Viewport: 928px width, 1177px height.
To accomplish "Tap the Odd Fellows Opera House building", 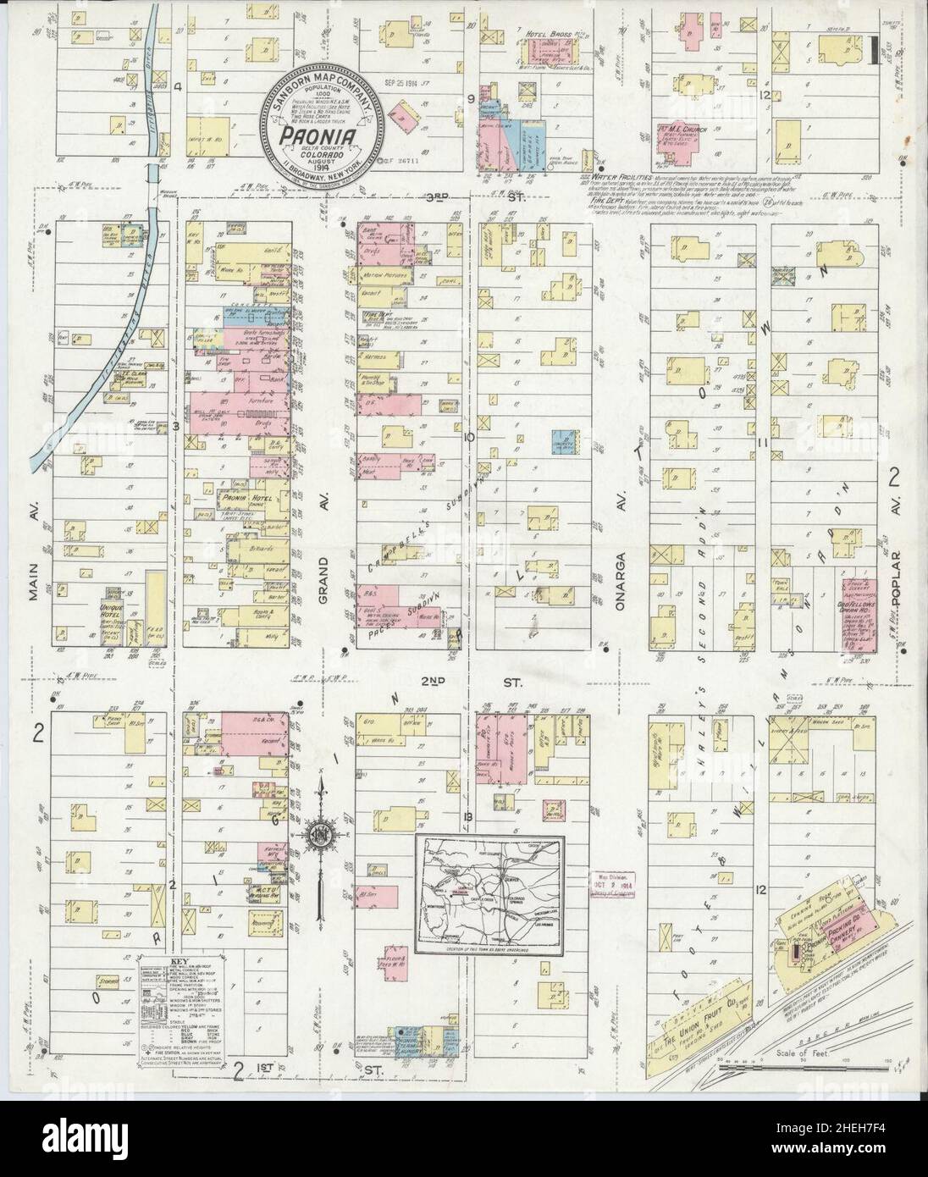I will coord(855,614).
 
